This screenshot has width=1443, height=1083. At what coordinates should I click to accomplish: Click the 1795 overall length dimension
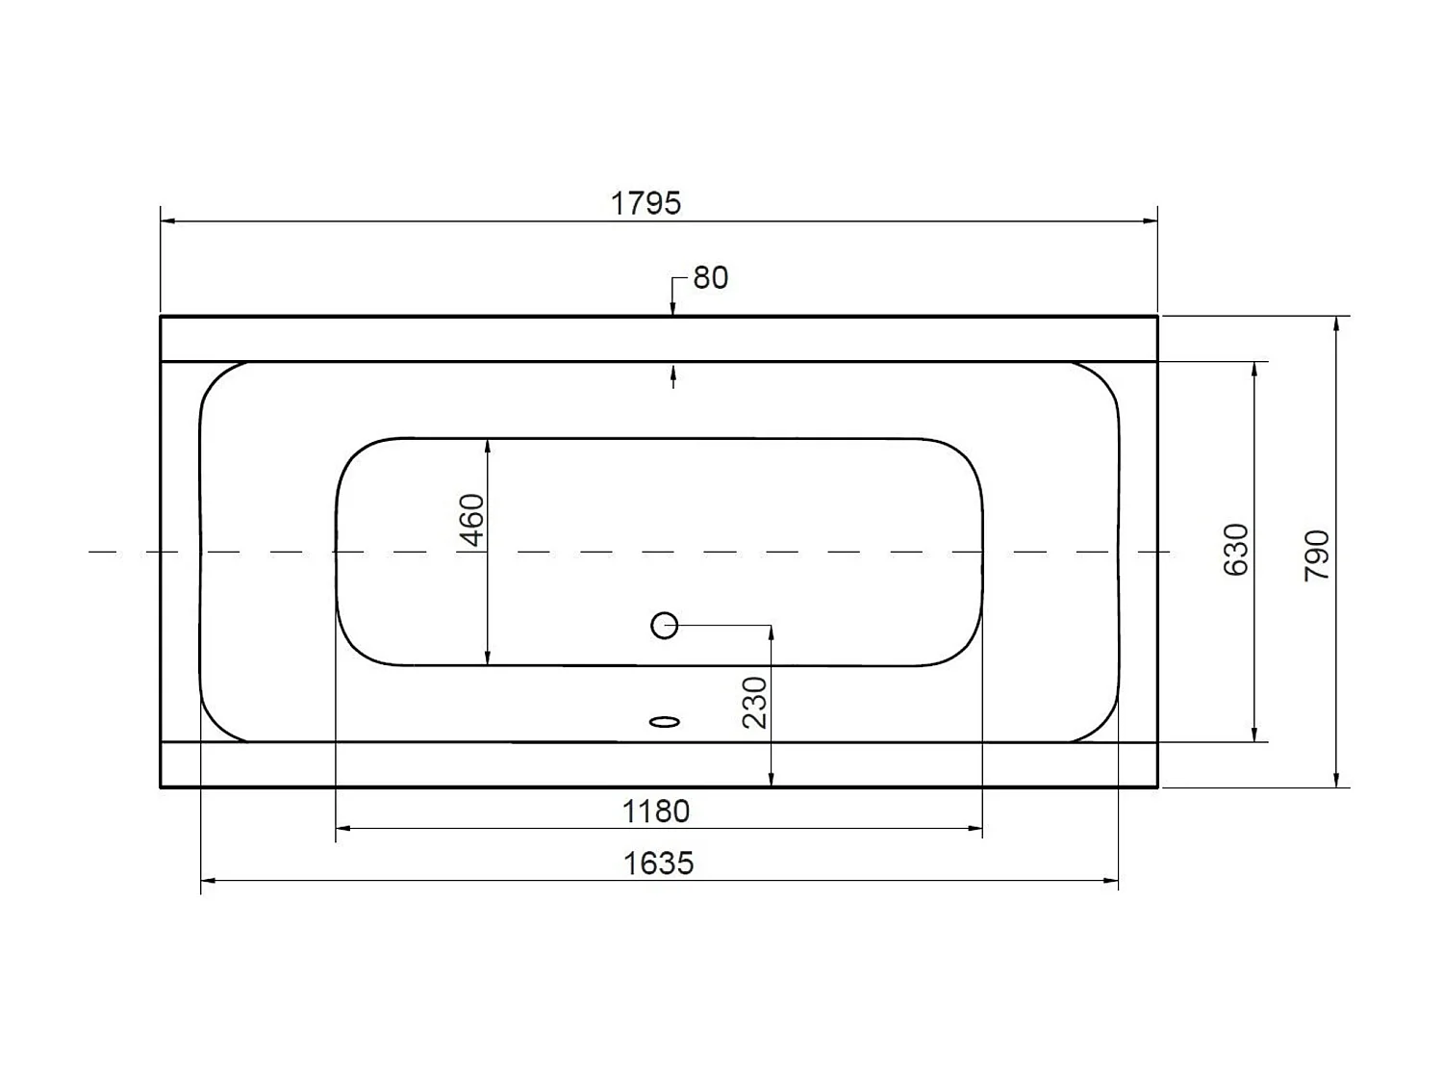point(646,203)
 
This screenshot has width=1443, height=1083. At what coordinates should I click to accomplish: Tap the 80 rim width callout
point(711,277)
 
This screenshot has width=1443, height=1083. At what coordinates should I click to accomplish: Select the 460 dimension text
point(472,519)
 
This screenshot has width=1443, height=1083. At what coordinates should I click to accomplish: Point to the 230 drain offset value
point(756,702)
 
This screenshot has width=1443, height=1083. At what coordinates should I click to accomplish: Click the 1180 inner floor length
point(656,812)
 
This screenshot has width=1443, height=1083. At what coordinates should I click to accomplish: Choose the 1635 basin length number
point(658,863)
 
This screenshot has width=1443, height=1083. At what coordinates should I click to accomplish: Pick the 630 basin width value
point(1236,550)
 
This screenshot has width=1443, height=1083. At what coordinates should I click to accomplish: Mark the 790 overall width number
point(1317,554)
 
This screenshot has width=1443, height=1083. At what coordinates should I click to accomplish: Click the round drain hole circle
point(665,626)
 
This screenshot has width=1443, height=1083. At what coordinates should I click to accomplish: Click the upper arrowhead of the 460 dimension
point(489,446)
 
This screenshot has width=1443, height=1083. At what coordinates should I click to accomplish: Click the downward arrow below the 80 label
point(673,308)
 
